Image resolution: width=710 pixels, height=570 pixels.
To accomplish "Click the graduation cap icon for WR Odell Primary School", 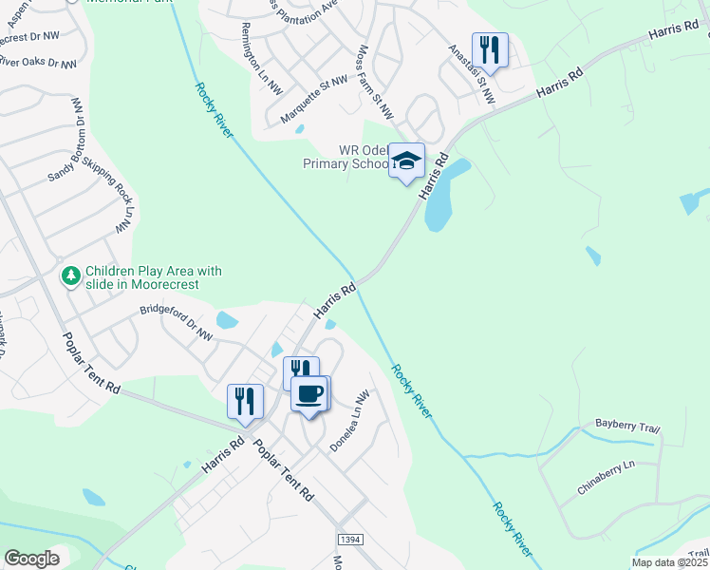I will click(x=406, y=161).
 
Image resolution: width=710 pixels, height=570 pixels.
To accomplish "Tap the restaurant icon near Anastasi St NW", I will click(x=490, y=50).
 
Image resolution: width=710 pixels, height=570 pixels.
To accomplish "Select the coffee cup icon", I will click(x=308, y=393).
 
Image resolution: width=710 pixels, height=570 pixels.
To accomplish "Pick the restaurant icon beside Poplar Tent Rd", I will click(x=245, y=401).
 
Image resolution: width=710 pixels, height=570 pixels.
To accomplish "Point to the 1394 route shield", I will click(x=349, y=539).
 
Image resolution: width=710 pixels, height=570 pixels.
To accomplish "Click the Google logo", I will click(x=31, y=559).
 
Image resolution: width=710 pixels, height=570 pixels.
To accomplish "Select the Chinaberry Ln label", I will click(x=606, y=478).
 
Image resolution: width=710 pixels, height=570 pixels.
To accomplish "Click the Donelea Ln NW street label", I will click(x=347, y=422).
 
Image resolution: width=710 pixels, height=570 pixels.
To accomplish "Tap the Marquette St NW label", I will click(x=314, y=101).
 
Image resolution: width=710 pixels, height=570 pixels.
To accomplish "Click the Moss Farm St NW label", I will click(x=375, y=82).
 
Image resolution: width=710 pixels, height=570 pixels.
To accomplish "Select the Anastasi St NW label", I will click(x=472, y=74).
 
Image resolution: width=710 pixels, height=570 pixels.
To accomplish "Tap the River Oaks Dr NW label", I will click(x=38, y=63).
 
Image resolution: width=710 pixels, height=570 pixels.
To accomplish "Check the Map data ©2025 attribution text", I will click(x=670, y=562).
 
